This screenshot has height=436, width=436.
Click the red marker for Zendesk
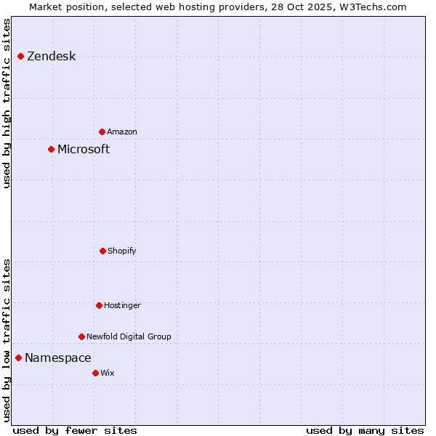pos(20,56)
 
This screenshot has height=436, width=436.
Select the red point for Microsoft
pos(51,149)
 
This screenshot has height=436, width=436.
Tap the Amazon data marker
pos(102,132)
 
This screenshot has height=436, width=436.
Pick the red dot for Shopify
pos(102,251)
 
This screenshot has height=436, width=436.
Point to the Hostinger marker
pos(99,305)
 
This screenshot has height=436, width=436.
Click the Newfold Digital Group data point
pos(81,336)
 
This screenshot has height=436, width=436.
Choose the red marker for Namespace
pos(18,358)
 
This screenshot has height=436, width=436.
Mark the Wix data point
pos(95,373)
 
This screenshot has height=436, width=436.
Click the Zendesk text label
pos(51,57)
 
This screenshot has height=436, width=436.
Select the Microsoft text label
pos(84,150)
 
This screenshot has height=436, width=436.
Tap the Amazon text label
pos(122,132)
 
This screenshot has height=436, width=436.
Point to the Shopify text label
pos(122,251)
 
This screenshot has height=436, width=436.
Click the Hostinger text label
pos(122,306)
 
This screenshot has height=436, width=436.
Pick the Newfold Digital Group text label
pos(129,337)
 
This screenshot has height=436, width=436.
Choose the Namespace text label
pos(58,358)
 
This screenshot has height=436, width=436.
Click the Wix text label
pos(108,374)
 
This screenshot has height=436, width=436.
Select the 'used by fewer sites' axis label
pos(75,430)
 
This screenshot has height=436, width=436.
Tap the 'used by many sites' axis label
pos(365,430)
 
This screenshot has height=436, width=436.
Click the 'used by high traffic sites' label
pos(7,103)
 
